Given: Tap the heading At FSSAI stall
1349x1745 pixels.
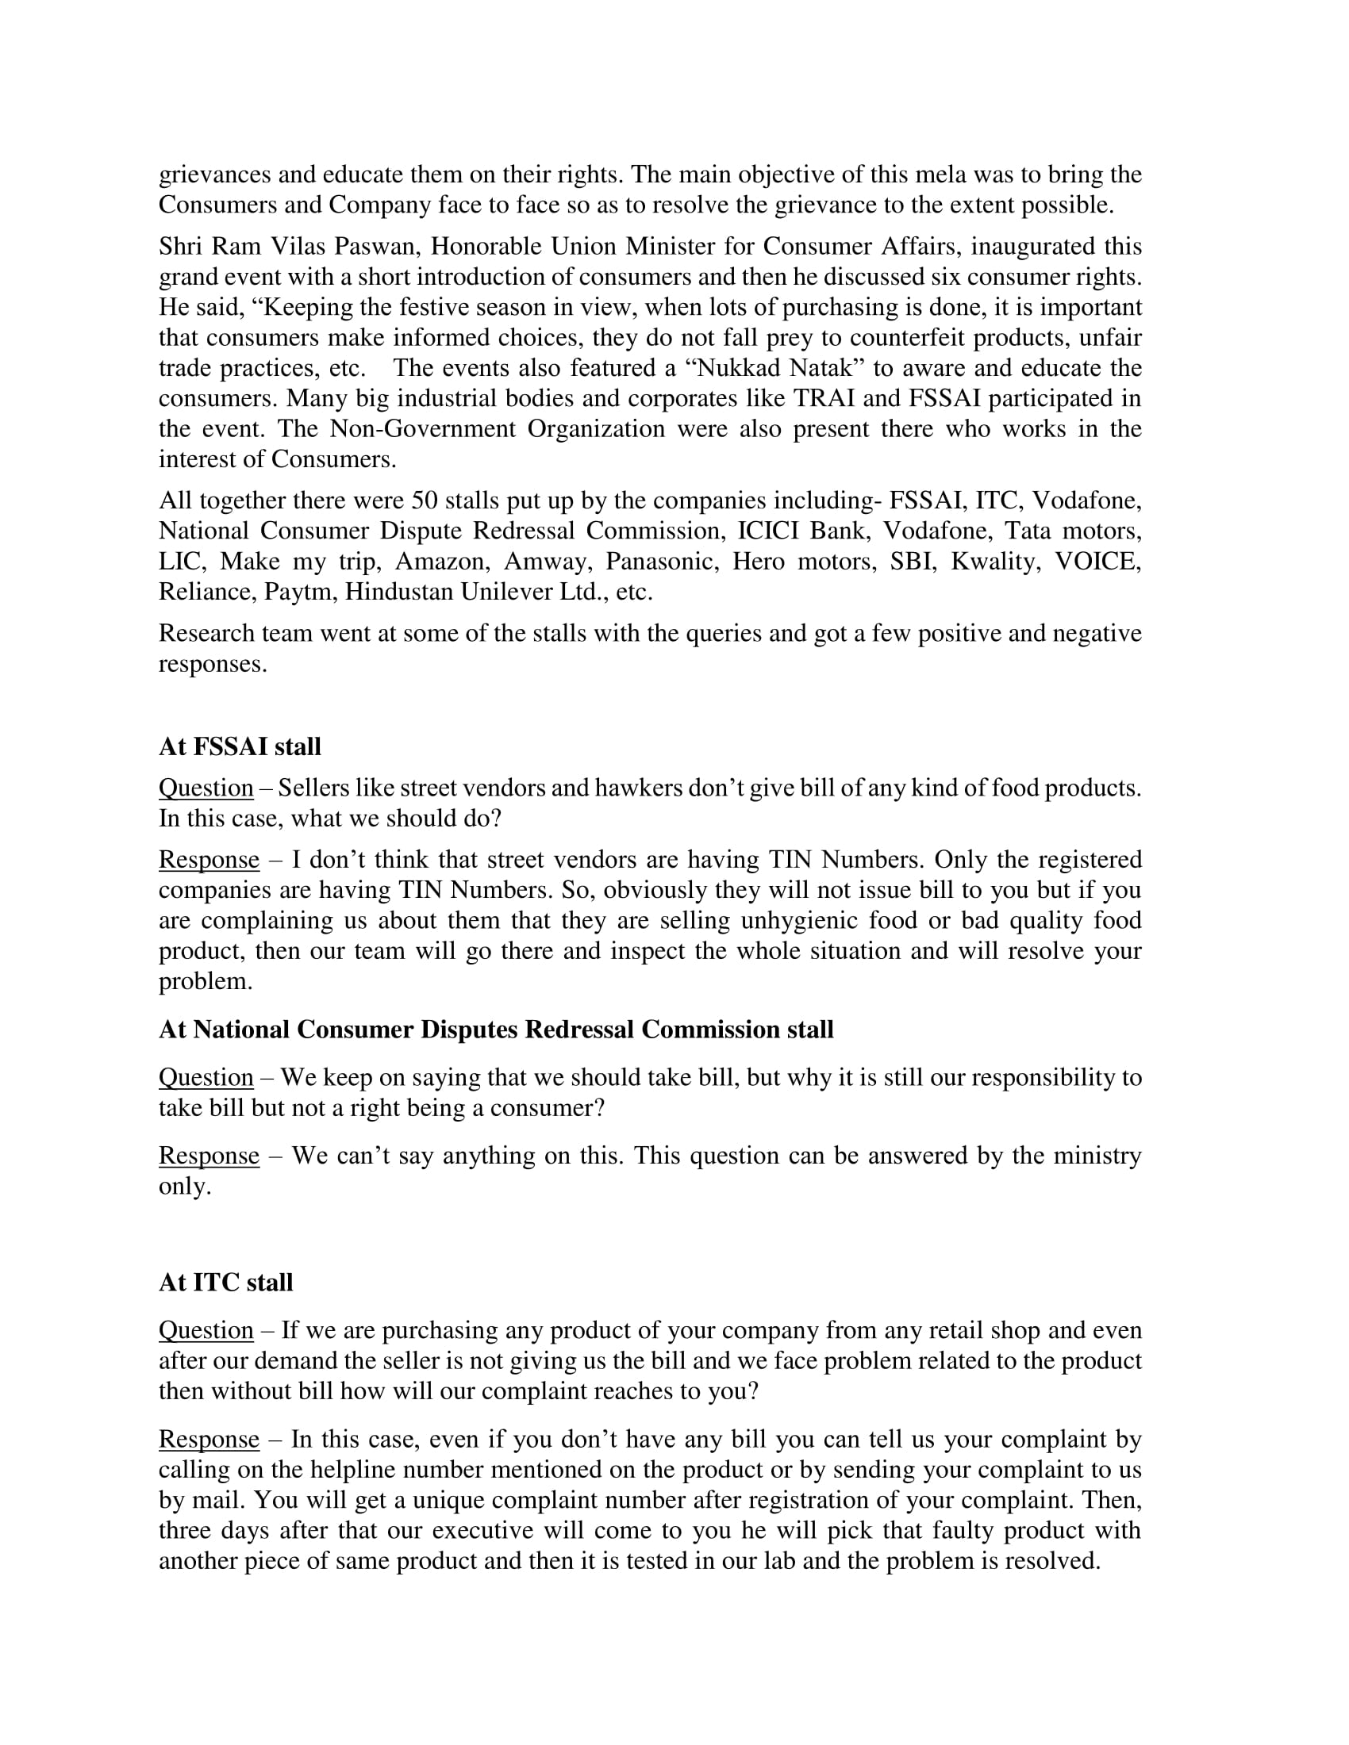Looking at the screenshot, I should [x=240, y=747].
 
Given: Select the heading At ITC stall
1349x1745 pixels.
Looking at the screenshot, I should [x=225, y=1283].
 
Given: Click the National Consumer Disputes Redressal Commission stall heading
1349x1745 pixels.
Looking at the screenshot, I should [x=495, y=1030].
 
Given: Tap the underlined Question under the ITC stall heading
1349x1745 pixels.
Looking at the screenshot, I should [x=206, y=1330].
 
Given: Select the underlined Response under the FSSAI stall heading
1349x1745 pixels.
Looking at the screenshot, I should [x=209, y=860].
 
